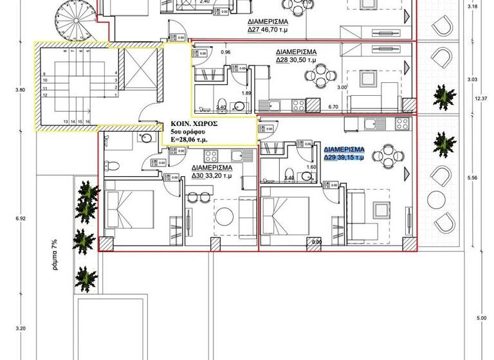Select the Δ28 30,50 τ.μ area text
pyautogui.click(x=297, y=60)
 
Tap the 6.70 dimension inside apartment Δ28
pyautogui.click(x=333, y=107)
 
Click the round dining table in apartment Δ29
pyautogui.click(x=388, y=155)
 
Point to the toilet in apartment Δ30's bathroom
pyautogui.click(x=111, y=164)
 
